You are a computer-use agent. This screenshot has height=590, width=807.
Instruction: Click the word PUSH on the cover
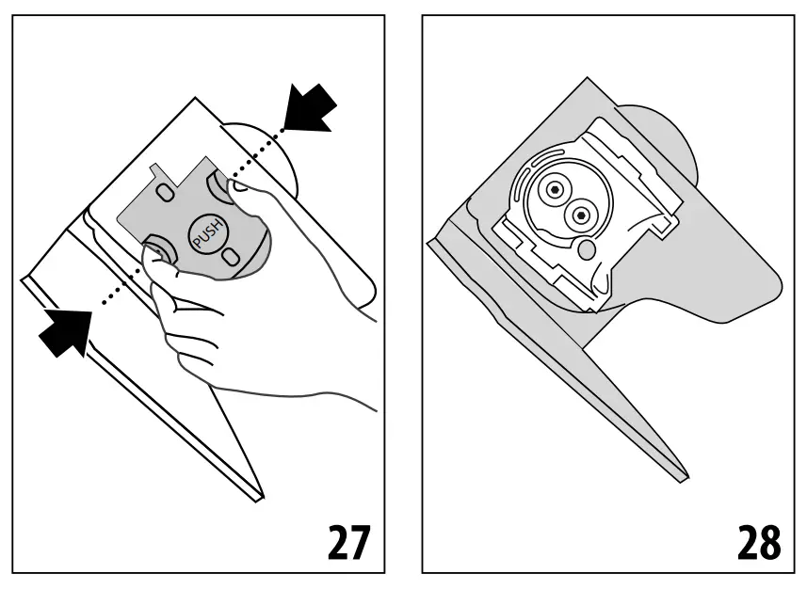[x=206, y=236]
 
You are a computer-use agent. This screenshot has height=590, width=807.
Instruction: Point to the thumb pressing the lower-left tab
[x=158, y=260]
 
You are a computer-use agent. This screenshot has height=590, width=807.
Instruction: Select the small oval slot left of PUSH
[x=166, y=192]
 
